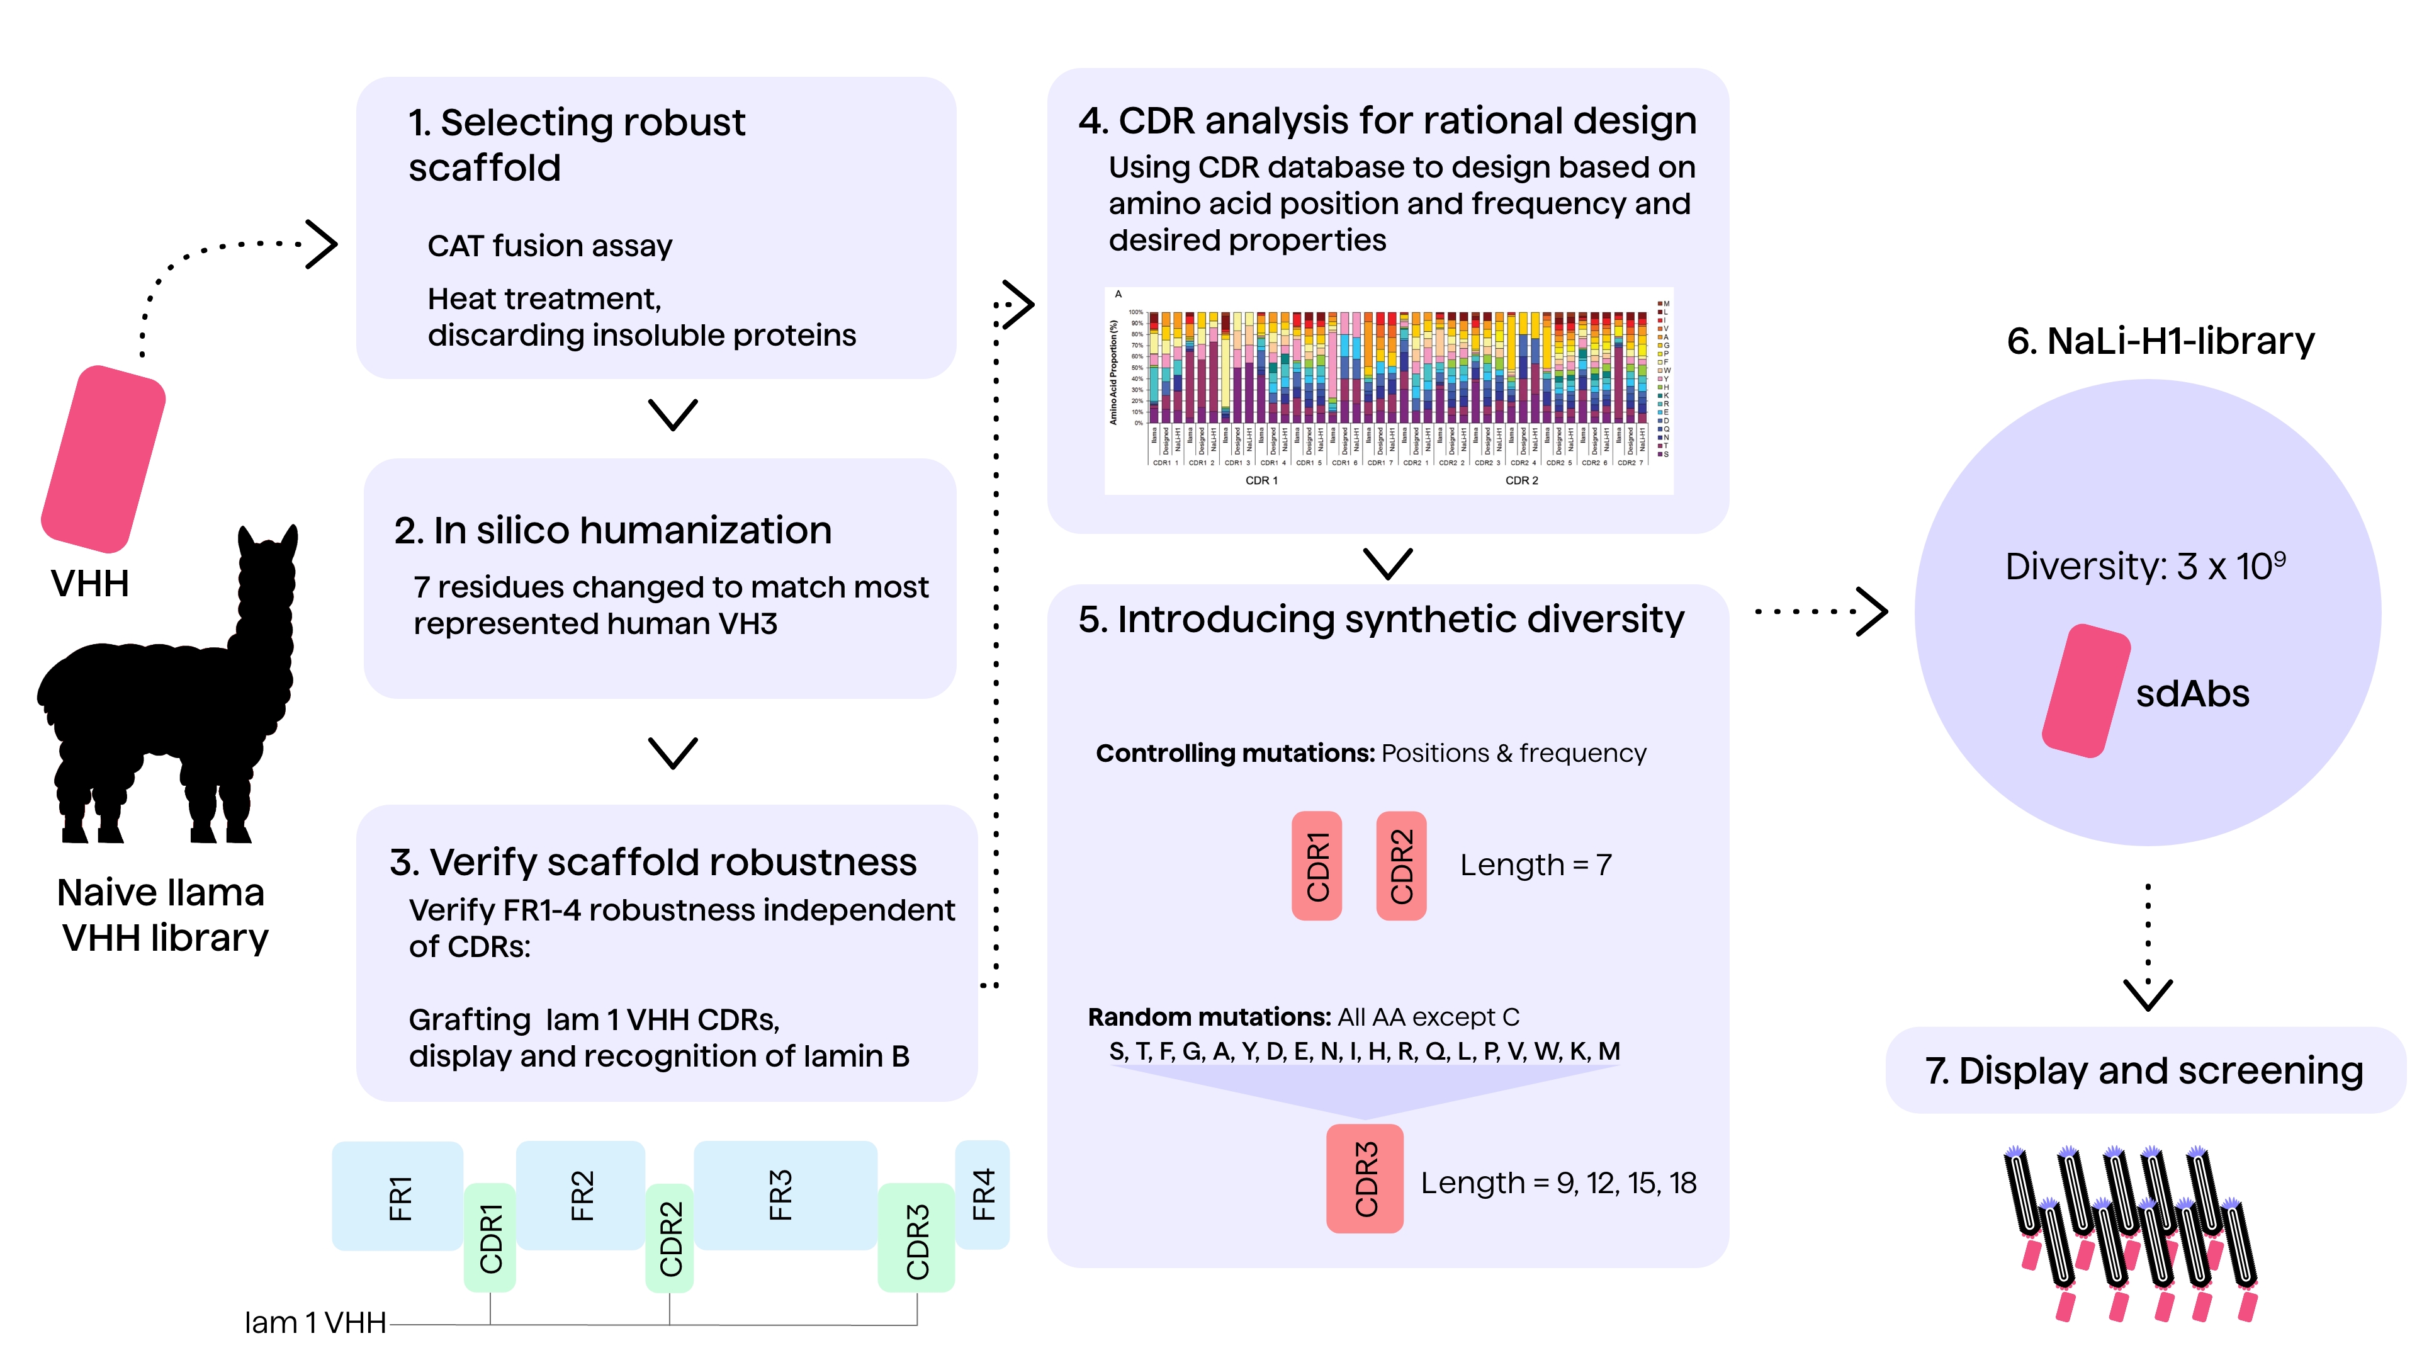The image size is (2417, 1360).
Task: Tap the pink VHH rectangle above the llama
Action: click(103, 459)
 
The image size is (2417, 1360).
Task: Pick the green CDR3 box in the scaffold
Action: click(916, 1239)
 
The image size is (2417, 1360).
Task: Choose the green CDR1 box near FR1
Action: click(490, 1237)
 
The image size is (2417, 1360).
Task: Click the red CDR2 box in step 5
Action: click(1401, 865)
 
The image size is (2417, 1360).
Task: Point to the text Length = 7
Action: click(1535, 864)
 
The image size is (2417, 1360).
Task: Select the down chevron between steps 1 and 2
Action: click(673, 414)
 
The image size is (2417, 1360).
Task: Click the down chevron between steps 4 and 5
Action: click(1387, 563)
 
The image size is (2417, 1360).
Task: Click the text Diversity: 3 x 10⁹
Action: click(2145, 566)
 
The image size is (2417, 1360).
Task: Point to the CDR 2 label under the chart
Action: click(1521, 480)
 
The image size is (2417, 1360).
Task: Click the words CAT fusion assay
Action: click(550, 246)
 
